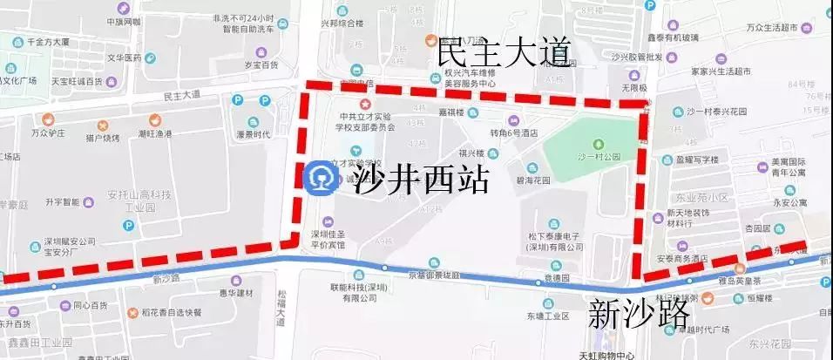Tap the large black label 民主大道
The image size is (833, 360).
click(504, 52)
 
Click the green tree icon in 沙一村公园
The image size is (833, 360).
click(598, 142)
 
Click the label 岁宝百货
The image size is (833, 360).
click(237, 65)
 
